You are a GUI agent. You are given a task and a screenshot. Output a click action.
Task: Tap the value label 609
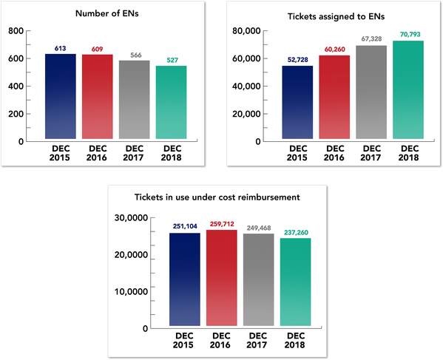[x=98, y=49]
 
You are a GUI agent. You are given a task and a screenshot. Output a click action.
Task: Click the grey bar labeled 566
[x=135, y=101]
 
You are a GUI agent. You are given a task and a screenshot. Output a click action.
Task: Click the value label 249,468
[x=260, y=228]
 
